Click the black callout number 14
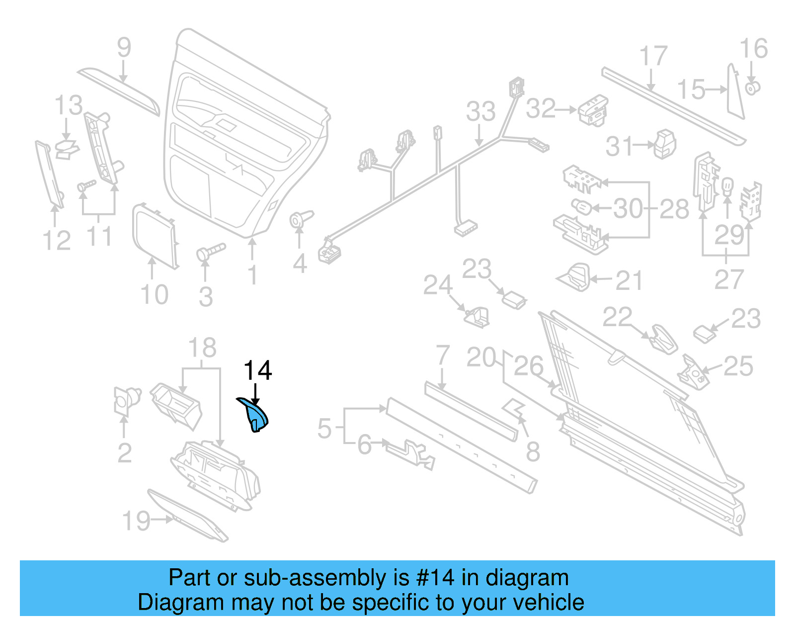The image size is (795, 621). tap(257, 371)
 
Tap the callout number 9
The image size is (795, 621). tap(124, 48)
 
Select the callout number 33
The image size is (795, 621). tap(480, 111)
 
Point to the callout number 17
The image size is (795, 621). tap(652, 56)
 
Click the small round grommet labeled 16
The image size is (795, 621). tap(752, 89)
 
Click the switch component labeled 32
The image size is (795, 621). tap(593, 110)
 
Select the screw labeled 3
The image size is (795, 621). tap(211, 251)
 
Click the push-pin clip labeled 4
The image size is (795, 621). tap(301, 219)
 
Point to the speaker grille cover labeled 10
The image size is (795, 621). tap(155, 236)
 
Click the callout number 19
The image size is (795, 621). tap(136, 521)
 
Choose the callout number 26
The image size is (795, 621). tap(528, 366)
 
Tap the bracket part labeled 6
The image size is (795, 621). tap(409, 453)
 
